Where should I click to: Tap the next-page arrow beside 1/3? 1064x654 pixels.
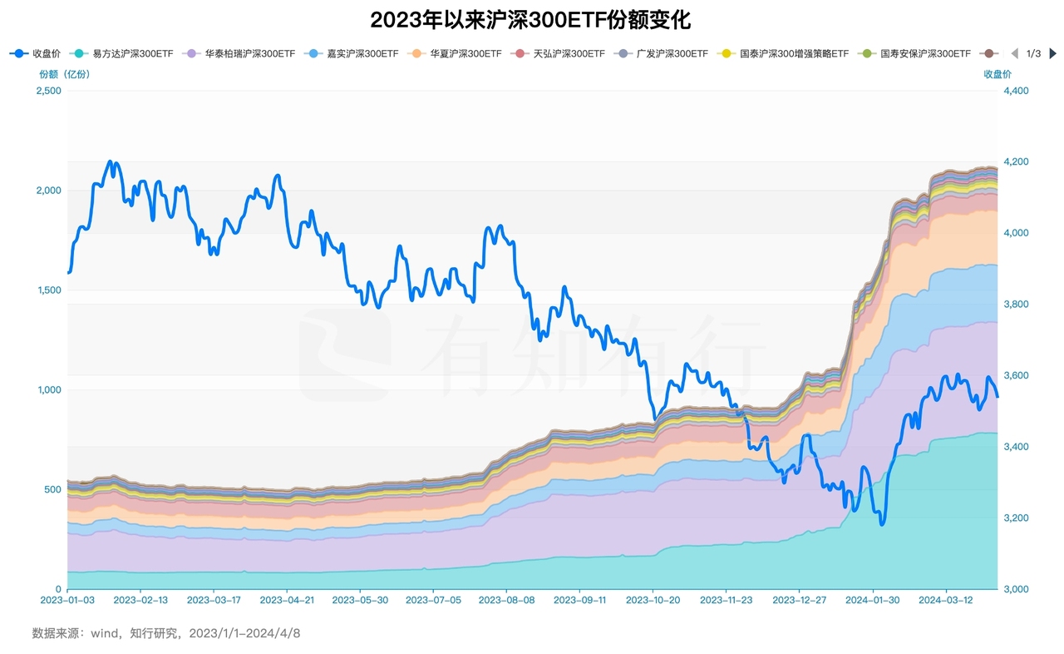pyautogui.click(x=1052, y=53)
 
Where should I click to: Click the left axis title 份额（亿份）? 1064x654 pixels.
pyautogui.click(x=65, y=74)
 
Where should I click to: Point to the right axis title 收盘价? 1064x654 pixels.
pyautogui.click(x=997, y=74)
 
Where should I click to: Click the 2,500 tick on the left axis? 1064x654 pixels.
pyautogui.click(x=47, y=91)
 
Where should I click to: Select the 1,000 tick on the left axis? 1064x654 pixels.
pyautogui.click(x=47, y=389)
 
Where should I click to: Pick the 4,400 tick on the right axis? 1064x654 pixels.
pyautogui.click(x=1015, y=91)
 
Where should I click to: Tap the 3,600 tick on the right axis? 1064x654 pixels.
pyautogui.click(x=1015, y=375)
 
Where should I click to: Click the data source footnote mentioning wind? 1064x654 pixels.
pyautogui.click(x=166, y=633)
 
